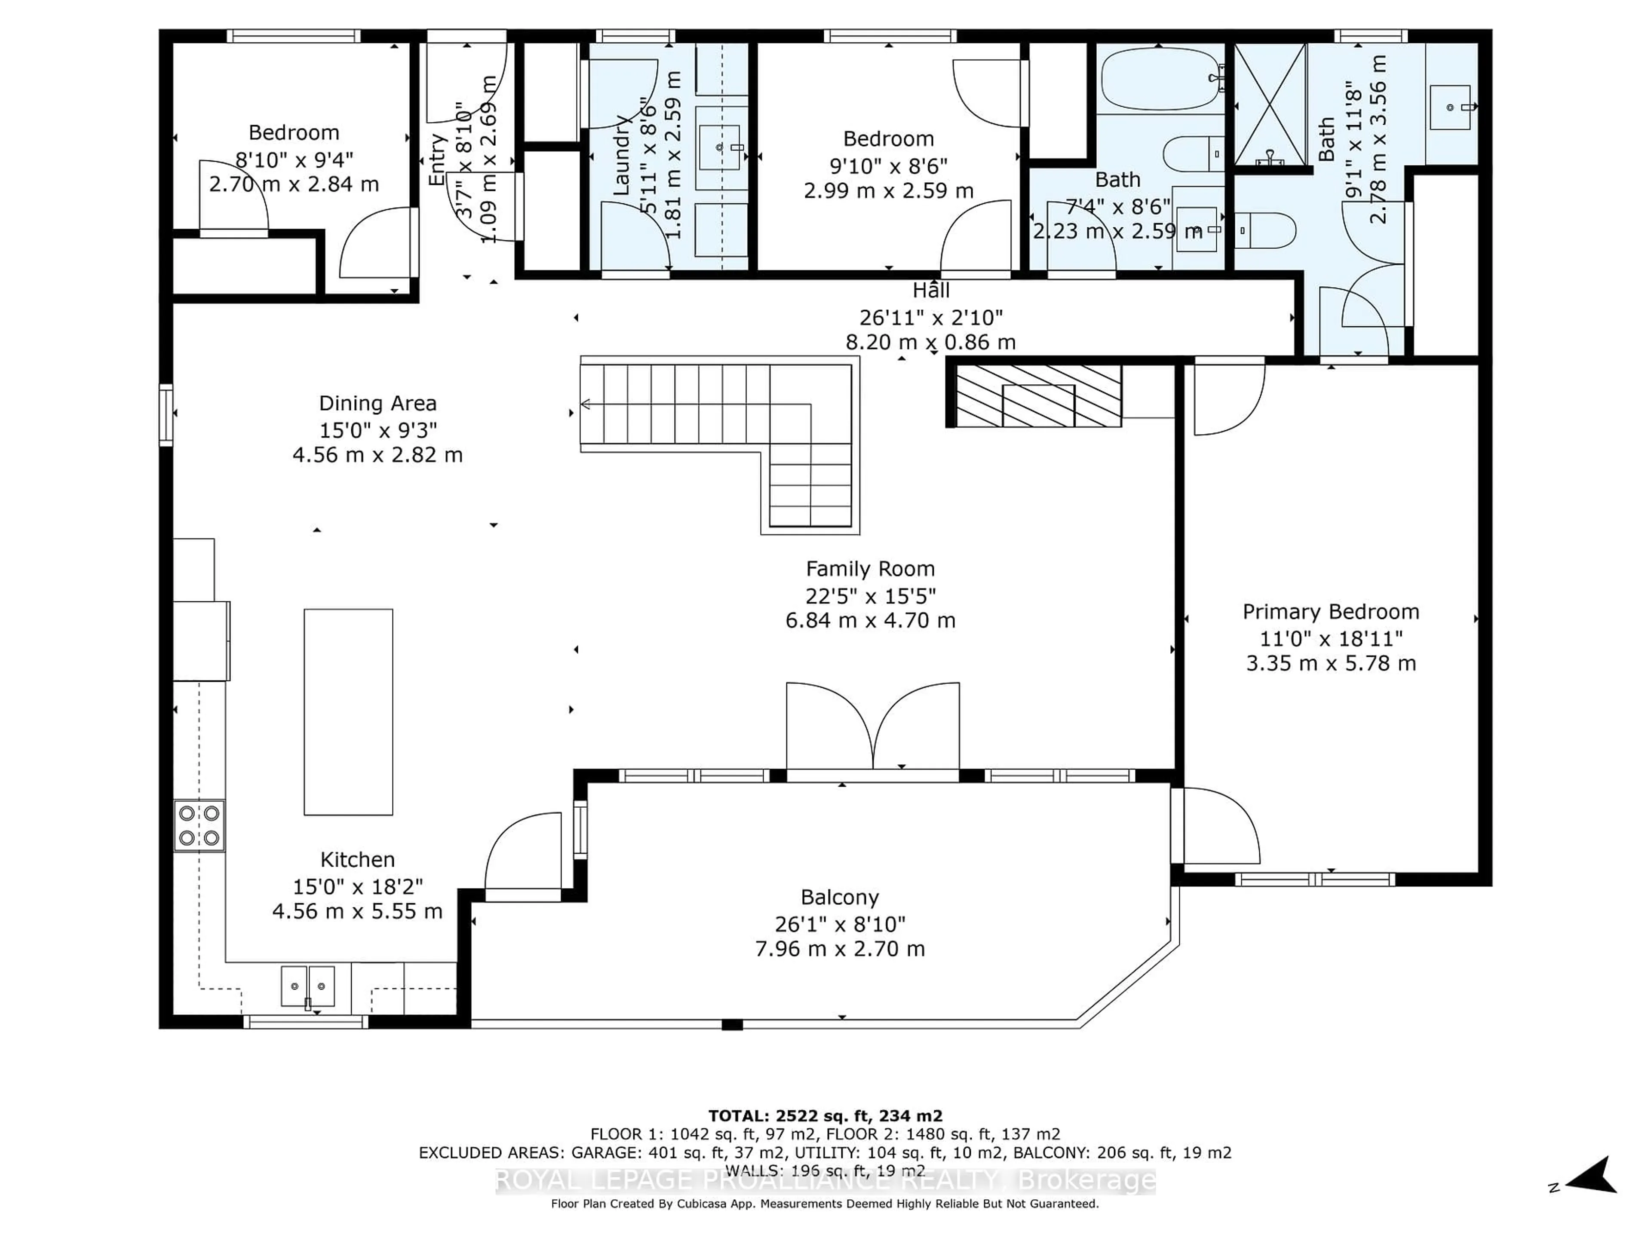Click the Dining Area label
377,404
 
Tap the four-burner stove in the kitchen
199,825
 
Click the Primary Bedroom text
1330,612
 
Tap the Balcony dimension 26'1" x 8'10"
840,925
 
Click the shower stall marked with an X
1270,104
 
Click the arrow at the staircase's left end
586,404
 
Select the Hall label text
931,290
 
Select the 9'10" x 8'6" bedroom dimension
888,165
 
